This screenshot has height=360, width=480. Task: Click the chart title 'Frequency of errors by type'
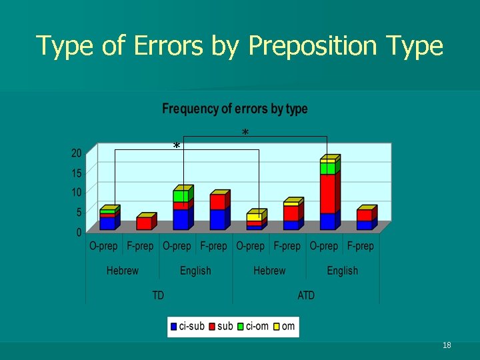[235, 109]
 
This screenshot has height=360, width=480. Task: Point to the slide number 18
[447, 345]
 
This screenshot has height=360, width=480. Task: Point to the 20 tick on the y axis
[77, 153]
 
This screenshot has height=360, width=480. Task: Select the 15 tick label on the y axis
[77, 173]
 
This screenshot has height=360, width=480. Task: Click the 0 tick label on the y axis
[79, 232]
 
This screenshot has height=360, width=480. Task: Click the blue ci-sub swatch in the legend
[174, 327]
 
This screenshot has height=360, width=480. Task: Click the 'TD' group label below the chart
[158, 295]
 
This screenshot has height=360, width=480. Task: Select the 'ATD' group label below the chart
[306, 295]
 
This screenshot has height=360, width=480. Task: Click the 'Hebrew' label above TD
[123, 271]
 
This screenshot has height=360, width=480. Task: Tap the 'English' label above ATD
[342, 271]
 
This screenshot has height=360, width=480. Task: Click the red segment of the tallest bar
[327, 193]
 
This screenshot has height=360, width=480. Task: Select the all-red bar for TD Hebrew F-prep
[143, 223]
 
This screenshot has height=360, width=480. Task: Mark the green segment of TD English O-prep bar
[180, 196]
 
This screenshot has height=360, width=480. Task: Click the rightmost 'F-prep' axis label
[360, 246]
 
